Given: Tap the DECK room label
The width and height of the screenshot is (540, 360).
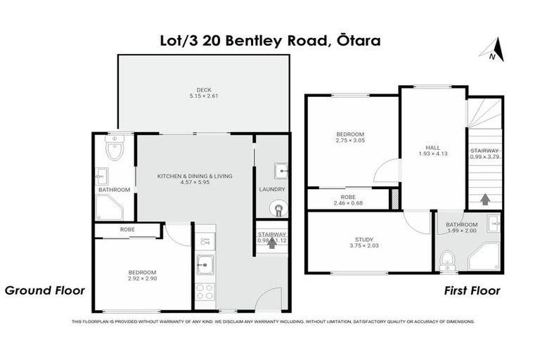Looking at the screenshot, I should coord(204,89).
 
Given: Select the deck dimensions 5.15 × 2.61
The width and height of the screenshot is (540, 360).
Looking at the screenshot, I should coord(204,96).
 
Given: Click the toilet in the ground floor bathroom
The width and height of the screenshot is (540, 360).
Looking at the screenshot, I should coord(114,150).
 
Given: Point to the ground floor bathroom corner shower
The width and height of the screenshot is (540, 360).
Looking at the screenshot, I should coord(109,207).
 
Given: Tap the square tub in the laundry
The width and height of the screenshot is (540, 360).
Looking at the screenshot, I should coord(280,169).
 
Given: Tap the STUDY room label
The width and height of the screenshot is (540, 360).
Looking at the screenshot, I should coord(364,239).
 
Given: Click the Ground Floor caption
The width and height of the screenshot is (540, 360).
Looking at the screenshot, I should coord(45,290).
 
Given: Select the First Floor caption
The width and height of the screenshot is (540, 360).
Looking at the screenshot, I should coord(472,290).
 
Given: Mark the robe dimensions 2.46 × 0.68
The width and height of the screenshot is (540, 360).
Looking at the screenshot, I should coord(349,204).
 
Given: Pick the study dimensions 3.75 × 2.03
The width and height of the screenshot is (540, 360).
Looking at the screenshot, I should coord(364,246).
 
